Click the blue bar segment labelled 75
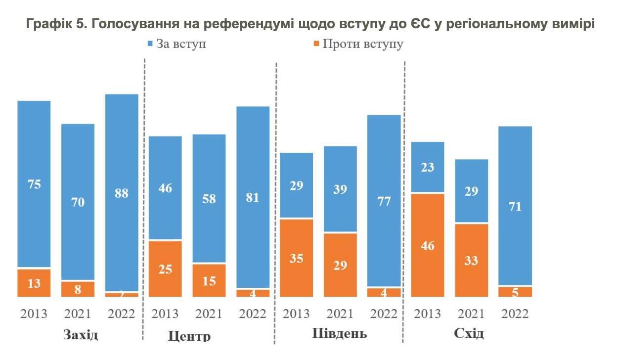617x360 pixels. coord(34,184)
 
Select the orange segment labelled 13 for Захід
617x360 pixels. coord(34,283)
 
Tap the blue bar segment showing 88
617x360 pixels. coord(122,193)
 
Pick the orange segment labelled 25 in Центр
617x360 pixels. coord(165,269)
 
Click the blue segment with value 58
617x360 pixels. coord(209,198)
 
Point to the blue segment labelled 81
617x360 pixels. coord(253,197)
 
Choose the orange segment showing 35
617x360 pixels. coord(297,258)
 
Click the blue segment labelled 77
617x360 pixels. coord(384,201)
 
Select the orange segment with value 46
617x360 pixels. coord(428,245)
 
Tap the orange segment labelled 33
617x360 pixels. coord(471,260)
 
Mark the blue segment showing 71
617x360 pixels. coord(515,206)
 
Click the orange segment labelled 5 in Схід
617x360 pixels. coord(515,292)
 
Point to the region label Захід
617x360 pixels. coord(81,334)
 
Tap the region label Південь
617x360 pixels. coord(340,332)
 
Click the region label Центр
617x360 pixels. coord(189,336)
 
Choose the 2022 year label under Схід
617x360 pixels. coord(515,314)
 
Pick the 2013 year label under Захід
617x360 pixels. coord(34,314)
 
